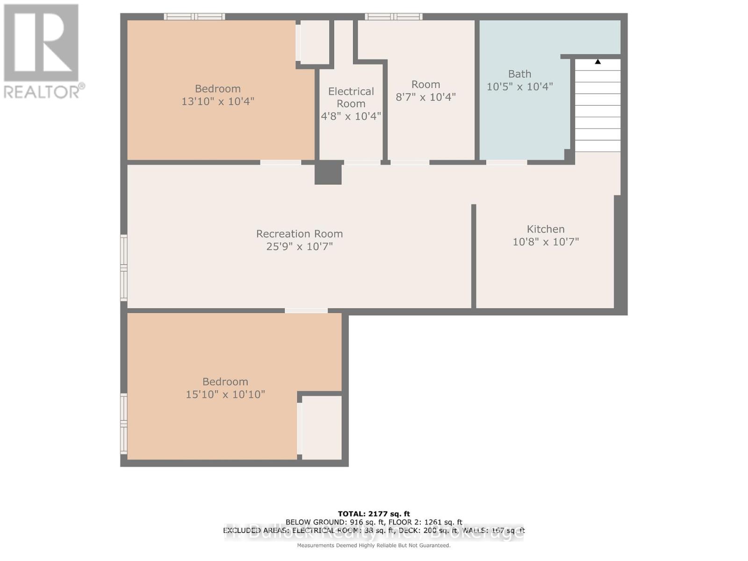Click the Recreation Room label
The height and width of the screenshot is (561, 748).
click(299, 234)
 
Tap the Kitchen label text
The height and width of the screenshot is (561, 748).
click(546, 229)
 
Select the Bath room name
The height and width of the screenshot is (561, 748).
click(519, 74)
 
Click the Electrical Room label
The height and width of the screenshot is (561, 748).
click(351, 97)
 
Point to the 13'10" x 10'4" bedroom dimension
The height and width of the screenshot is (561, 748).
click(217, 101)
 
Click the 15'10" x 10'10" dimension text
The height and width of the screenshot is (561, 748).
click(225, 394)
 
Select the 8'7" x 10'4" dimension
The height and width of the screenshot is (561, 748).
click(425, 97)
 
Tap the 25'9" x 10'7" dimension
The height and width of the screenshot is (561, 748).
click(299, 246)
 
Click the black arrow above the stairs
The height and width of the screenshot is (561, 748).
click(597, 61)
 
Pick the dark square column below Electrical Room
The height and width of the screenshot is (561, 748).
click(328, 173)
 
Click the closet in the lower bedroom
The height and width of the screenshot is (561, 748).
click(322, 427)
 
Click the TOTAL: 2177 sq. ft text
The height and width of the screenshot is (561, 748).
click(374, 514)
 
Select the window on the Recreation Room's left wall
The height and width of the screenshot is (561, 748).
click(124, 267)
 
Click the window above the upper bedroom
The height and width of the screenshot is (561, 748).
click(194, 17)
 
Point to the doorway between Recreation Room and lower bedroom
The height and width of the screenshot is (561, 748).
click(306, 310)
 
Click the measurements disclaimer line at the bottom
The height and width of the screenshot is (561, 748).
click(374, 546)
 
